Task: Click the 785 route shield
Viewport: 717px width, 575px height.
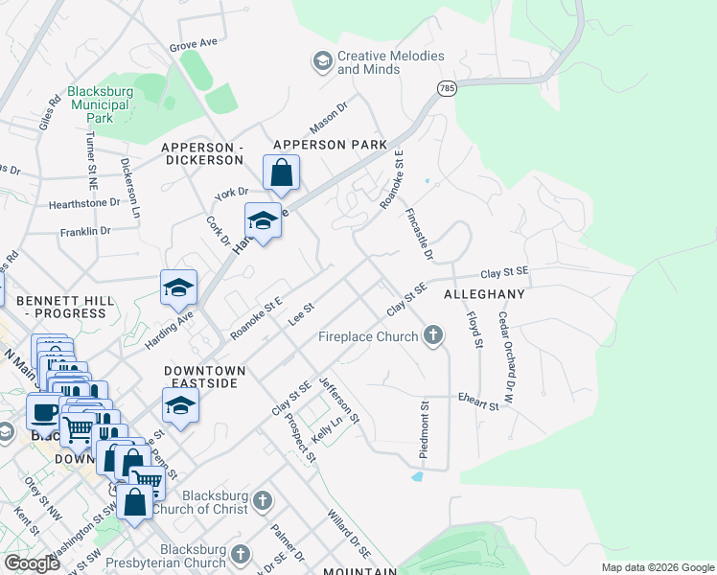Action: [447, 88]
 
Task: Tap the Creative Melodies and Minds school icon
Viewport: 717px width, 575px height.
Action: [322, 62]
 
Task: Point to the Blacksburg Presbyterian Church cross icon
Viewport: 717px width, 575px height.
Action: [241, 554]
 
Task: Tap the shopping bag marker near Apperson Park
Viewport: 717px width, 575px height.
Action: [281, 173]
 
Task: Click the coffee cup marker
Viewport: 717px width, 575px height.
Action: [43, 413]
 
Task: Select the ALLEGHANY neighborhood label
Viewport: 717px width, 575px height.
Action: [484, 294]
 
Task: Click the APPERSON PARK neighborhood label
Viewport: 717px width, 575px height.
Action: [330, 145]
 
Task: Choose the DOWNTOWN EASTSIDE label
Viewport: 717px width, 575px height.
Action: [204, 377]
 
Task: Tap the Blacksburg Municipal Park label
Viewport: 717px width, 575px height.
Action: [98, 104]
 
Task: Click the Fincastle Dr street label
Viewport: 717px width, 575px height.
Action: [420, 234]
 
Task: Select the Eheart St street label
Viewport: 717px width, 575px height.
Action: [478, 402]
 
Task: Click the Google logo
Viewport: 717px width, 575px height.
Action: [32, 563]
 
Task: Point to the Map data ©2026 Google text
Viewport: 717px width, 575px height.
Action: [657, 567]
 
